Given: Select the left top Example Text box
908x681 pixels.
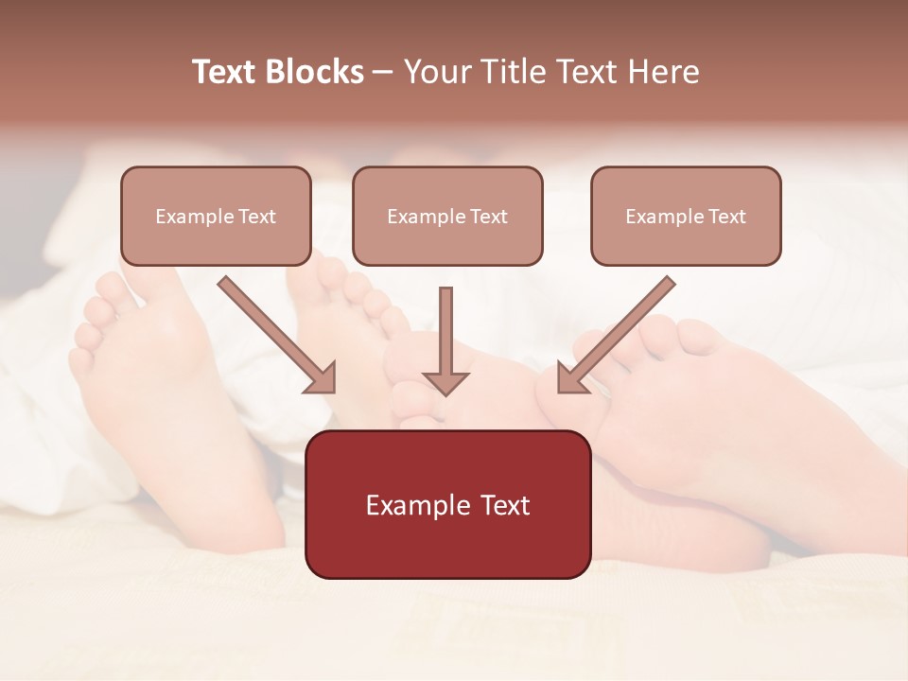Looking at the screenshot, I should (x=216, y=216).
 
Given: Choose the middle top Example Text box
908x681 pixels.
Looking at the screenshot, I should (x=447, y=216).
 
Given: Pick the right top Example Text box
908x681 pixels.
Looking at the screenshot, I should (x=686, y=216).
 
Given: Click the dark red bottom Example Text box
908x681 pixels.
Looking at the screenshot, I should (x=447, y=504).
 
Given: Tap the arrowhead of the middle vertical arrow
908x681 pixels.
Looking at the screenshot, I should (x=445, y=383).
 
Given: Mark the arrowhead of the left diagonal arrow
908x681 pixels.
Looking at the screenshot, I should (x=322, y=378).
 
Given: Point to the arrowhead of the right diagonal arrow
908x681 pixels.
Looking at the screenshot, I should (x=570, y=378).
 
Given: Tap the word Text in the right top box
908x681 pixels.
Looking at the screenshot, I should (x=726, y=217).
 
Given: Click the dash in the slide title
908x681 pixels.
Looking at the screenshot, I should (x=383, y=72).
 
